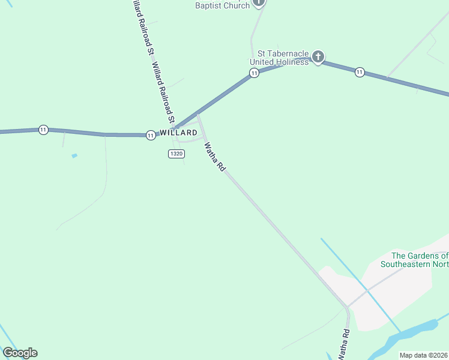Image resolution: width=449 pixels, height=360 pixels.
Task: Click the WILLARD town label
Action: tap(178, 133)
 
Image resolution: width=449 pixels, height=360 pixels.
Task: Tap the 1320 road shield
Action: tap(176, 154)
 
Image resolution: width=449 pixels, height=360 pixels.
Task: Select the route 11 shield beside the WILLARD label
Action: tap(151, 136)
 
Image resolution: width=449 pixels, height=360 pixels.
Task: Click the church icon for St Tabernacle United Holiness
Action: tap(318, 58)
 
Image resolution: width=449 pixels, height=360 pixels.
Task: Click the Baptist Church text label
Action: tap(222, 5)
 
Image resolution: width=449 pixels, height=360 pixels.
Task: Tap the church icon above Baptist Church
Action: tap(259, 2)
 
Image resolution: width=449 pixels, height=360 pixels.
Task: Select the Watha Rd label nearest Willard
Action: tap(214, 157)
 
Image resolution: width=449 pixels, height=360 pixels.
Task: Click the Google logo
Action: tap(20, 353)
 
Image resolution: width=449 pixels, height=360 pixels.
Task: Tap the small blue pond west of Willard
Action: tap(74, 156)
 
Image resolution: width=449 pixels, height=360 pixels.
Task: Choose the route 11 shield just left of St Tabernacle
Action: tap(255, 73)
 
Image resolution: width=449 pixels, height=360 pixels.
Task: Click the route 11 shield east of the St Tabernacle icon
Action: tap(359, 72)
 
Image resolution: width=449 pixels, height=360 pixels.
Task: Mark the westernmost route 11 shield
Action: tap(43, 130)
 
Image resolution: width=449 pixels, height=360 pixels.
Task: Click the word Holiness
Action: tap(292, 62)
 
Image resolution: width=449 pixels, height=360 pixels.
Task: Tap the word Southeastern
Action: tap(406, 265)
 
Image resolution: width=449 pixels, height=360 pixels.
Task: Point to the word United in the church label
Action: tap(263, 62)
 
